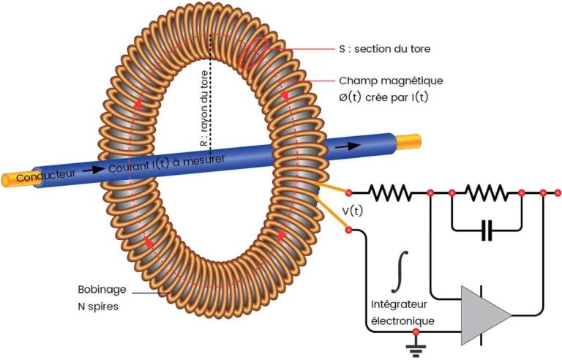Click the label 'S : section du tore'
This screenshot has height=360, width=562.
click(x=385, y=50)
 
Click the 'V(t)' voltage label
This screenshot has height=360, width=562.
click(x=354, y=211)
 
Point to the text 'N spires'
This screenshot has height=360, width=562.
click(x=98, y=307)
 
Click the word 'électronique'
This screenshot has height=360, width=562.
click(x=403, y=320)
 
